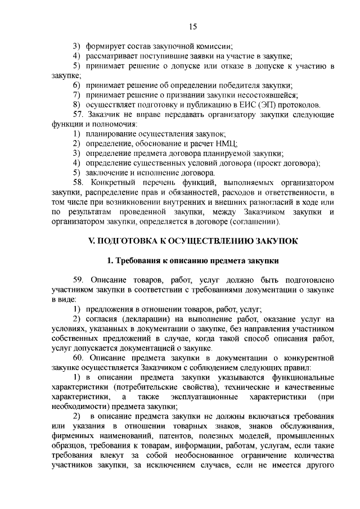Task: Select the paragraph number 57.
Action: point(79,115)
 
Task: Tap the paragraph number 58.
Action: point(79,183)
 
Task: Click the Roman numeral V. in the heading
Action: point(94,240)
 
